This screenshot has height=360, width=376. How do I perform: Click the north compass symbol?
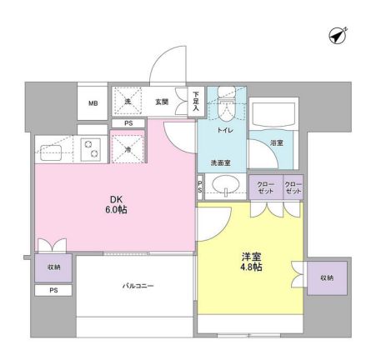click(338, 36)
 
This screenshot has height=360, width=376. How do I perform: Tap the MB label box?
click(93, 103)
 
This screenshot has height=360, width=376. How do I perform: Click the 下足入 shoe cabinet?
click(195, 101)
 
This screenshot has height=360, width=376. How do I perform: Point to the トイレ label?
click(224, 131)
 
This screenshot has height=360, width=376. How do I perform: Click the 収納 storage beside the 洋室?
click(326, 277)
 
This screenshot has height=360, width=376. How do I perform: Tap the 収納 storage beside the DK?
click(53, 267)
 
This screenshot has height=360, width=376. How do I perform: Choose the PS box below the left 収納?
click(53, 291)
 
